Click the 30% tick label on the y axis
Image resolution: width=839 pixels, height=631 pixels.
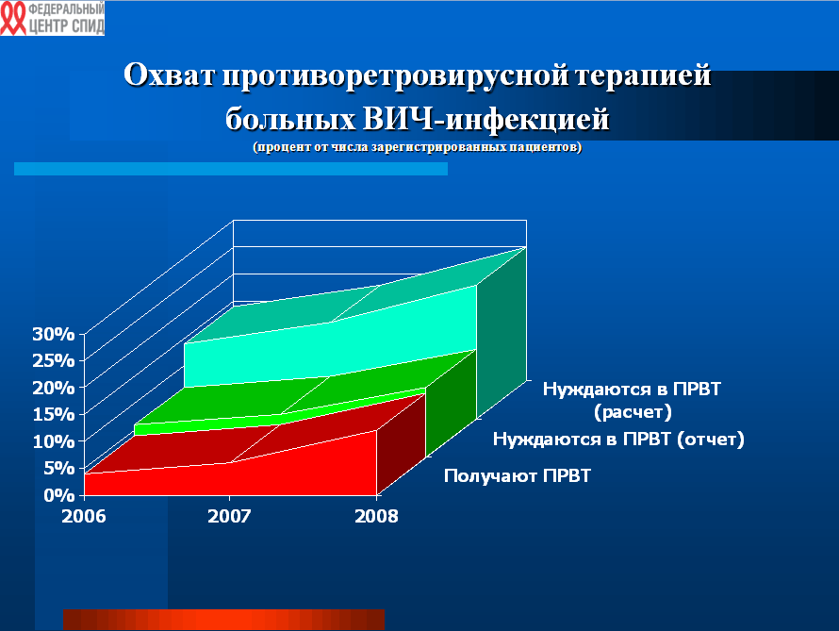tap(54, 334)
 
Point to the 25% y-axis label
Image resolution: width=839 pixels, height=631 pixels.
tap(54, 360)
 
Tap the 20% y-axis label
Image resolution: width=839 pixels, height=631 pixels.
tap(54, 388)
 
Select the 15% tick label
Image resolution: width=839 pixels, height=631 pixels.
tap(54, 414)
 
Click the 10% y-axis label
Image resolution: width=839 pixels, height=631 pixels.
tap(54, 441)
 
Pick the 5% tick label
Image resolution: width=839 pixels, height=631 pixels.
tap(58, 469)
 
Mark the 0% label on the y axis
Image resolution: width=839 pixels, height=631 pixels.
tap(58, 495)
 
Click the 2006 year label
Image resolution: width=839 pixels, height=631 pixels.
tap(84, 517)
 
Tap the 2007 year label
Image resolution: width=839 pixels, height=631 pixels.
tap(229, 517)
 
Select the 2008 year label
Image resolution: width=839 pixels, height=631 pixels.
tap(377, 517)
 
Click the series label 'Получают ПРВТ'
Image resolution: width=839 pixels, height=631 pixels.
tap(518, 475)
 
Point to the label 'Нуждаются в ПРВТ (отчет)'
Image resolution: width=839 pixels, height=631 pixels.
tap(618, 439)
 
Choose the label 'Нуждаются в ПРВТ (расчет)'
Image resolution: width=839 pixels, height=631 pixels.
tap(633, 400)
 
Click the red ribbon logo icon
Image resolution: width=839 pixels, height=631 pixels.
tap(13, 18)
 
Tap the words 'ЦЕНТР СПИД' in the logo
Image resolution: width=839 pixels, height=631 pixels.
tap(66, 26)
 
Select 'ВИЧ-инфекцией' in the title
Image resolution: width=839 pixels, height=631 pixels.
tap(485, 119)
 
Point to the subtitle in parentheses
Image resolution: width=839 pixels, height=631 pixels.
tap(418, 147)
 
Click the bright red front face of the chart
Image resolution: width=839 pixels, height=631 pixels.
tap(231, 470)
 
